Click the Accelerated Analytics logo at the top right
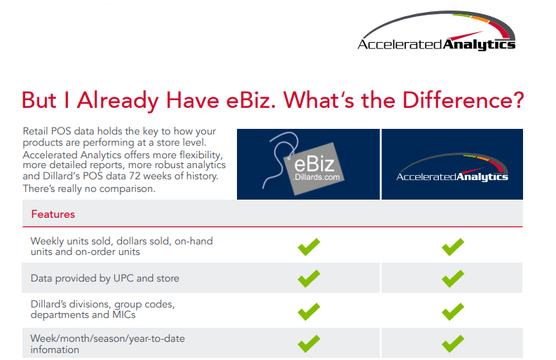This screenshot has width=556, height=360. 436,36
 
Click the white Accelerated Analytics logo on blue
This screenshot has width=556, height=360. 452,172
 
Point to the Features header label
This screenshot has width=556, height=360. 53,214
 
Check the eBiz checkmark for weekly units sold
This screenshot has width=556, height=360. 308,247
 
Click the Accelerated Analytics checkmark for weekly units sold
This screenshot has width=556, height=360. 453,247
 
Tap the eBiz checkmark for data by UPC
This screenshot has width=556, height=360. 308,278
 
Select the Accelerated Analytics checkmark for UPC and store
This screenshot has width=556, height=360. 453,278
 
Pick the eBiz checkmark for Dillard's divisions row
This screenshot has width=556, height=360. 308,310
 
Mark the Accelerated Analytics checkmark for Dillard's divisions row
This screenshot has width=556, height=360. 453,310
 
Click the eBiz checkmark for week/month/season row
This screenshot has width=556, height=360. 308,343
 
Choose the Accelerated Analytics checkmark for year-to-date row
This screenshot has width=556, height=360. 453,343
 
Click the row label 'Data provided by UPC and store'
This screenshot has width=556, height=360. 104,278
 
